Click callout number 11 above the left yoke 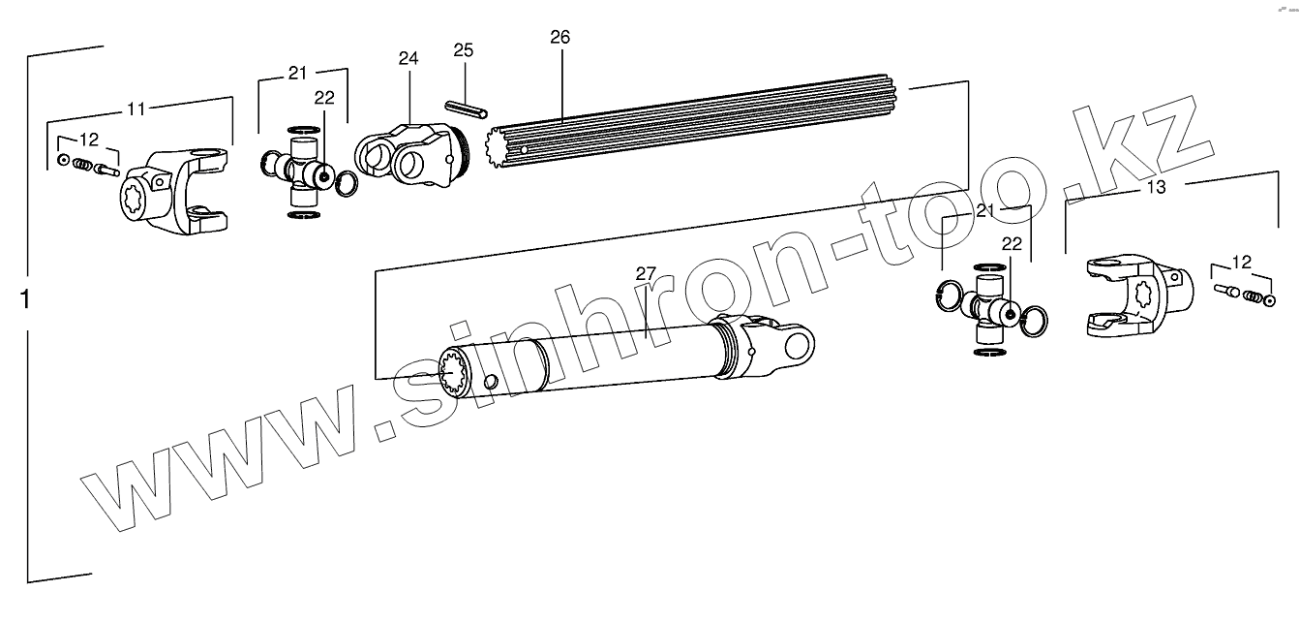136,109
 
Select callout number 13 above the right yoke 1156,187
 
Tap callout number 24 408,58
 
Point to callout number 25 464,49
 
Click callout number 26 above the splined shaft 559,38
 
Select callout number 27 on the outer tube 646,273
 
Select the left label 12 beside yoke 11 89,138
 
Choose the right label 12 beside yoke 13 1241,261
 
